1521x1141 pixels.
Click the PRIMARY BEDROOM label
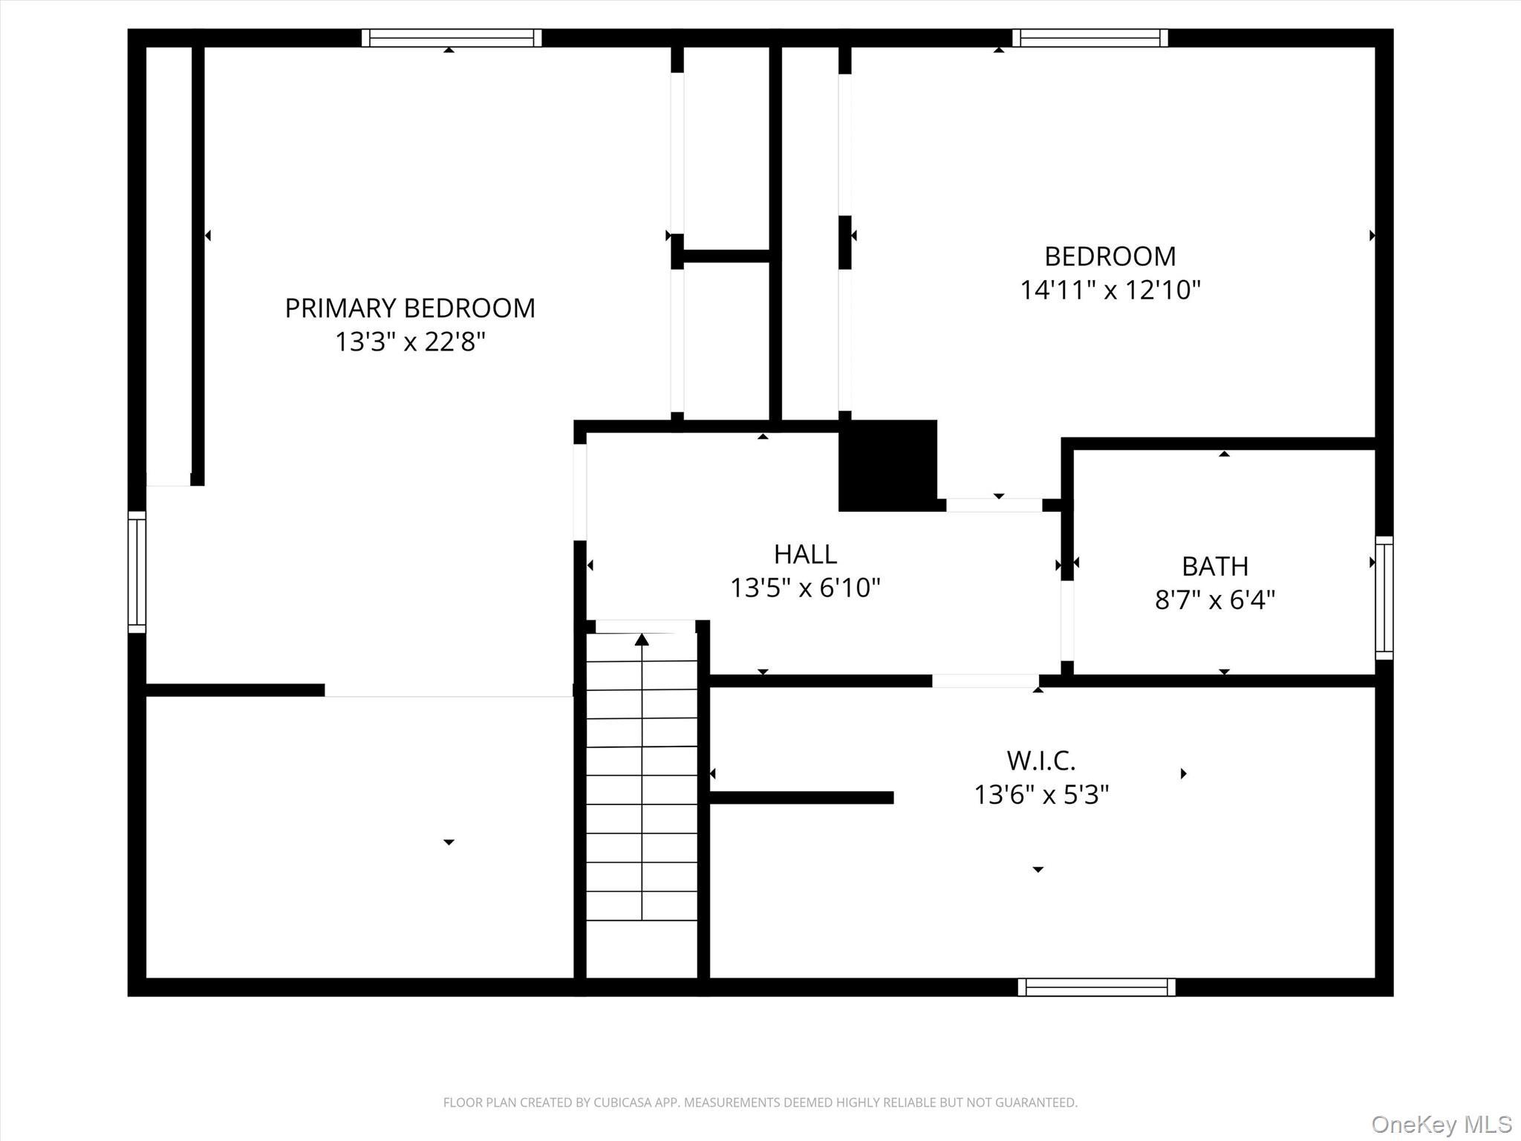pos(410,308)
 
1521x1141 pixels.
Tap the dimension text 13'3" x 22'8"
pos(410,342)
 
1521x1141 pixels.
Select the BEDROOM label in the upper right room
pos(1110,257)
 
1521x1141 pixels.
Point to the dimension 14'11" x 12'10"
pos(1110,290)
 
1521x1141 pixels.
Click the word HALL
pos(805,554)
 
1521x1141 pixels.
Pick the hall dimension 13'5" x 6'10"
pos(805,588)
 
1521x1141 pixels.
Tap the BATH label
pos(1214,567)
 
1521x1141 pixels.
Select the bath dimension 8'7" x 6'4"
pos(1214,599)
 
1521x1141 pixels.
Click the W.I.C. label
pos(1040,761)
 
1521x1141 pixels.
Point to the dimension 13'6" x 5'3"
pos(1040,795)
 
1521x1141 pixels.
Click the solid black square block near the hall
pos(887,466)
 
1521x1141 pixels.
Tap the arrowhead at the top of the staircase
pos(642,640)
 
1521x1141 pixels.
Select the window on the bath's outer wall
pos(1384,597)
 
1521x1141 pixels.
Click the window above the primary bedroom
pos(452,38)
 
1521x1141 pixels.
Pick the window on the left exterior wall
pos(137,572)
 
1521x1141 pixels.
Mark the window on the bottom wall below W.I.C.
pos(1096,986)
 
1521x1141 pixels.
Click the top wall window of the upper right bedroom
pos(1090,38)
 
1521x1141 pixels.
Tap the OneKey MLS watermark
pos(1441,1124)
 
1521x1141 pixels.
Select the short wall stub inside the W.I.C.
pos(801,798)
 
